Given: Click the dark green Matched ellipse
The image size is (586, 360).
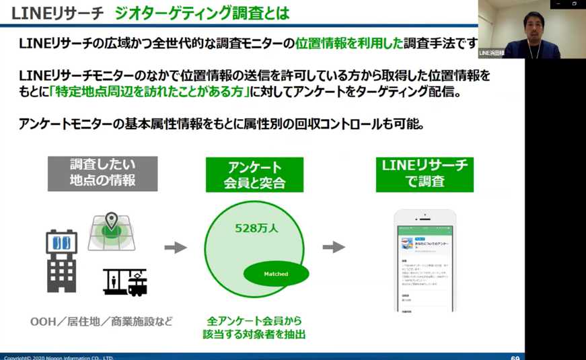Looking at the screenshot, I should click(276, 273).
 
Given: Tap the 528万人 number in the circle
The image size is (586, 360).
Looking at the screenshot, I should click(256, 228).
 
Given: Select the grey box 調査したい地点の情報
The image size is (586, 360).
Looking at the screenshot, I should click(102, 173).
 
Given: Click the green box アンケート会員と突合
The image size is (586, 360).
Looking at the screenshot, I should click(254, 174).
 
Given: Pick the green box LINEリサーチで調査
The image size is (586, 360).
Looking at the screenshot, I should click(425, 174).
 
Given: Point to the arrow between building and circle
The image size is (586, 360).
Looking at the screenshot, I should click(176, 248).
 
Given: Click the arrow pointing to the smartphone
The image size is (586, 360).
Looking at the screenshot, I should click(334, 248).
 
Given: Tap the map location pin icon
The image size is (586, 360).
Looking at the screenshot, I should click(111, 221).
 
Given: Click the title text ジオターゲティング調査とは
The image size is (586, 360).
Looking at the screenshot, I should click(202, 12).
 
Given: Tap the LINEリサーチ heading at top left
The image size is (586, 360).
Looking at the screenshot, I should click(57, 12).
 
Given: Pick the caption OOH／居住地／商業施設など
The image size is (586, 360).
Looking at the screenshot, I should click(101, 321).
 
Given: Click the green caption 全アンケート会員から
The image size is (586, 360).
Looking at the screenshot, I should click(254, 322).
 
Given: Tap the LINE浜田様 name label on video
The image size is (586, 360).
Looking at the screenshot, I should click(491, 52).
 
